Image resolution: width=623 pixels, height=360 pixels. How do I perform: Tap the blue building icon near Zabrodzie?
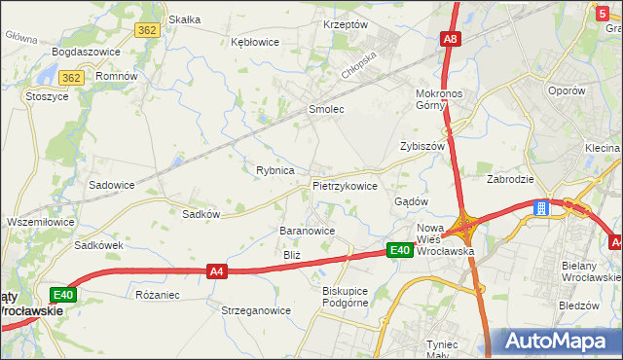[x=540, y=207]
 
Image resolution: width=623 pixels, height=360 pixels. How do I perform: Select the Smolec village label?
[x=326, y=109]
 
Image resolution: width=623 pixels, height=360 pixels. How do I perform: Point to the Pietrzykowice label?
[x=345, y=185]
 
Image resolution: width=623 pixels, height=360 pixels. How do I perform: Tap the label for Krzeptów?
[x=345, y=24]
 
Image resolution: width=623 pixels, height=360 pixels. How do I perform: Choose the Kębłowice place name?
[x=255, y=42]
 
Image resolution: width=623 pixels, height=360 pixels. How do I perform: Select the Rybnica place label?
[x=275, y=170]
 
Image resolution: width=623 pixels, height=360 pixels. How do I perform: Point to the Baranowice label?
[x=307, y=231]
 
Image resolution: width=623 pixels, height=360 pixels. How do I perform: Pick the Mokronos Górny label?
[x=444, y=100]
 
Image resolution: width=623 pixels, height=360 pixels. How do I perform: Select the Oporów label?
[x=566, y=90]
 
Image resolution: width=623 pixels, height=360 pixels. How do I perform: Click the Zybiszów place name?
[x=422, y=146]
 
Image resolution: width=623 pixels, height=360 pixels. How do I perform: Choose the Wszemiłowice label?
[x=40, y=222]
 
